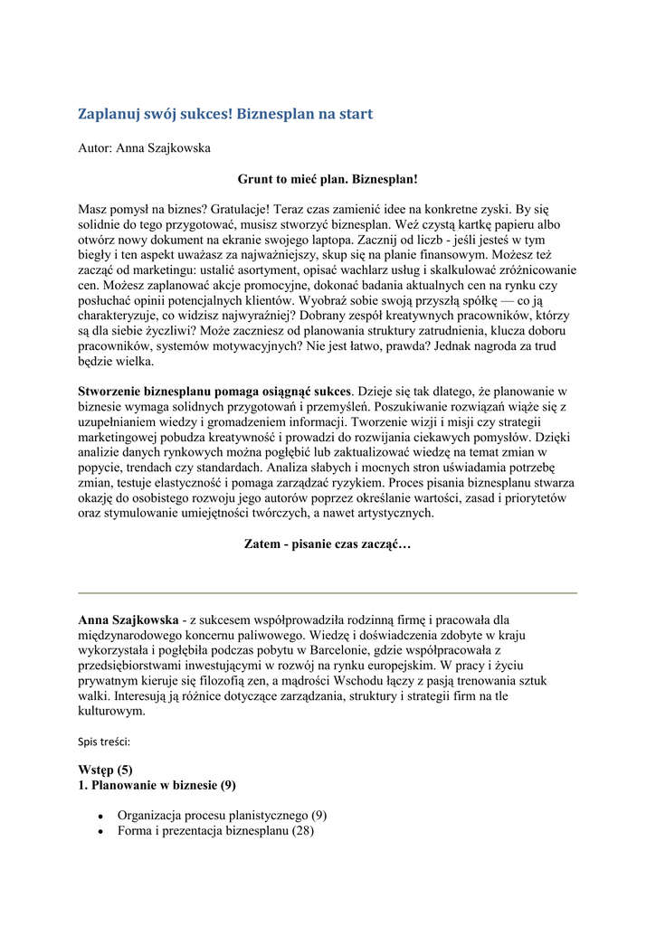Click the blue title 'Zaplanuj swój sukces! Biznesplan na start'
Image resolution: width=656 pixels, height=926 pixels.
(225, 114)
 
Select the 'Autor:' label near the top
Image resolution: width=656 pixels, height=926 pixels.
(95, 147)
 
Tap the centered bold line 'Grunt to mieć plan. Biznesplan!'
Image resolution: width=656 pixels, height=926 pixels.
(328, 179)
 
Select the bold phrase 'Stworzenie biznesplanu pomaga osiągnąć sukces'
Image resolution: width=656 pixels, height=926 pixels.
(214, 392)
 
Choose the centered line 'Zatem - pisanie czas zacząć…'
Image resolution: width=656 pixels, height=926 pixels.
(328, 544)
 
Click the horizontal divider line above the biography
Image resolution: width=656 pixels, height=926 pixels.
(328, 593)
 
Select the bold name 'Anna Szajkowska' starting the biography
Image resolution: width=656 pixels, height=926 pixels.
(128, 620)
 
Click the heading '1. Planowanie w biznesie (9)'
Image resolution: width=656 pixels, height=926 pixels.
(157, 785)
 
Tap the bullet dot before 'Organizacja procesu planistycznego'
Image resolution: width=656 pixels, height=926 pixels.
(100, 816)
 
